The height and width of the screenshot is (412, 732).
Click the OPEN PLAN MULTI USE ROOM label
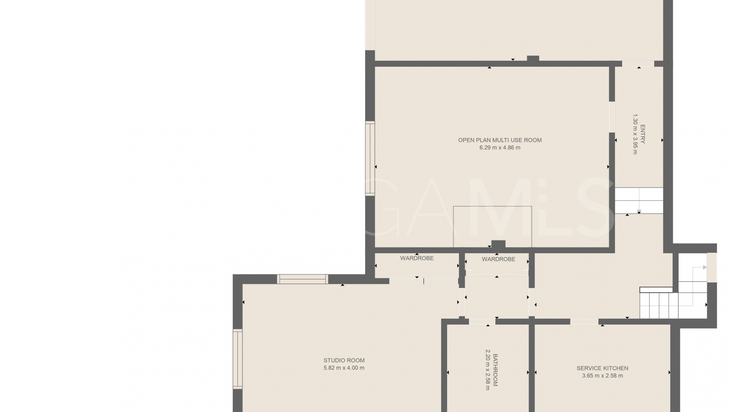499,140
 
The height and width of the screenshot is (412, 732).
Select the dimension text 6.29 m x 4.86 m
499,148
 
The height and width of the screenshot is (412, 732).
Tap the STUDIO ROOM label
344,360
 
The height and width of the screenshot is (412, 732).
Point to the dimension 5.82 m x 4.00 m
344,368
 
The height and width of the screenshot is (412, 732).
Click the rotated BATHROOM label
495,370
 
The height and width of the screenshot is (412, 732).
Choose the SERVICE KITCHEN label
602,368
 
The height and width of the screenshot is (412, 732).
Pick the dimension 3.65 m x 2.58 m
602,376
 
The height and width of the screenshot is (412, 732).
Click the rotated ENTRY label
642,134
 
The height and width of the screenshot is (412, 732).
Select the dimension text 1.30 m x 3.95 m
635,134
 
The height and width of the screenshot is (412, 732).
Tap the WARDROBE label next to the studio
417,258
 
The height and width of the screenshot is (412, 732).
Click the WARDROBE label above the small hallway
498,259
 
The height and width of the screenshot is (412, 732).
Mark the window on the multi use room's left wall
370,158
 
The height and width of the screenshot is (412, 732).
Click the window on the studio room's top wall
302,279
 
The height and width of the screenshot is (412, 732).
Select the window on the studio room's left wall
238,359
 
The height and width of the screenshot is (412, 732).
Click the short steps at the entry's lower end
639,201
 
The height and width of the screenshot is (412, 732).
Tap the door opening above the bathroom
482,322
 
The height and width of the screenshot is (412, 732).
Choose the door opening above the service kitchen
584,322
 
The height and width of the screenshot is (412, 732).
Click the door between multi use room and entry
612,117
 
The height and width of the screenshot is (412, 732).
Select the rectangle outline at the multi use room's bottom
492,227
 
